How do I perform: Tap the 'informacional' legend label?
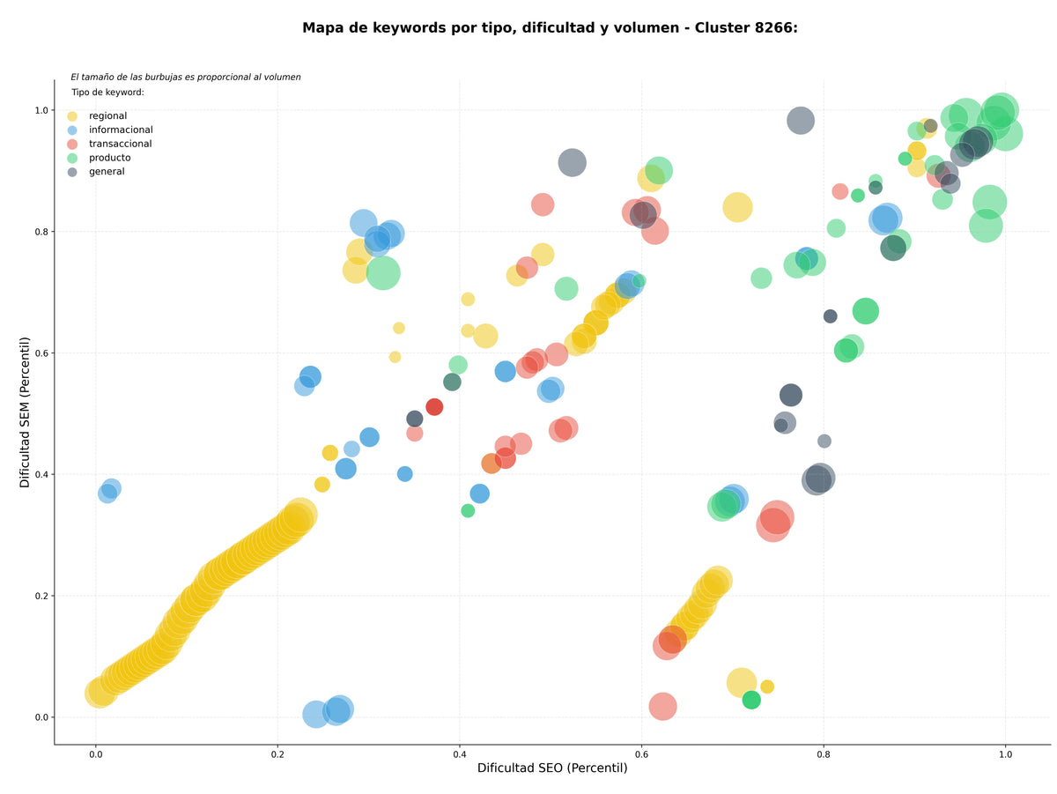tap(120, 130)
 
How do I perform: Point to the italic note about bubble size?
tap(184, 77)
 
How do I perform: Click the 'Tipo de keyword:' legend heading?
tap(107, 92)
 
